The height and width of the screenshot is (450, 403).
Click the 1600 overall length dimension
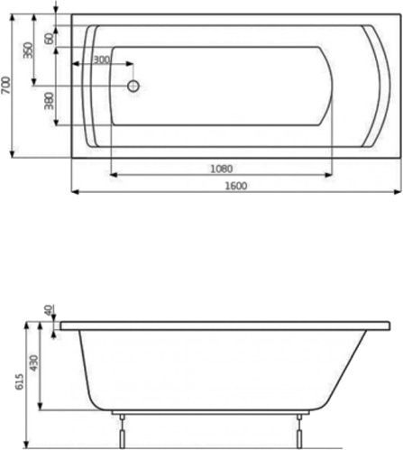pos(234,185)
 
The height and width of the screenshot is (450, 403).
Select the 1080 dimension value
pos(222,167)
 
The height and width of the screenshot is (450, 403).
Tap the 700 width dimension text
pos(7,86)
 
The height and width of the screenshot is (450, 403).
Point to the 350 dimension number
pos(30,50)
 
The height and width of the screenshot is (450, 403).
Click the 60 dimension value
pos(50,39)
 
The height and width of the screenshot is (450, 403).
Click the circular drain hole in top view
pos(133,87)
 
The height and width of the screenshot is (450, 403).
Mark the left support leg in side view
pos(119,432)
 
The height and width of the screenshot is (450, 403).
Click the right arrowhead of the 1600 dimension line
pos(397,191)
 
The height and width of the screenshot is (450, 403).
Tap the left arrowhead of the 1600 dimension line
pos(75,191)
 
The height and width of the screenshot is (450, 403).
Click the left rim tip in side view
pos(60,322)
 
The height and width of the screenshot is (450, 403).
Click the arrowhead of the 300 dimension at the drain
pos(130,65)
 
